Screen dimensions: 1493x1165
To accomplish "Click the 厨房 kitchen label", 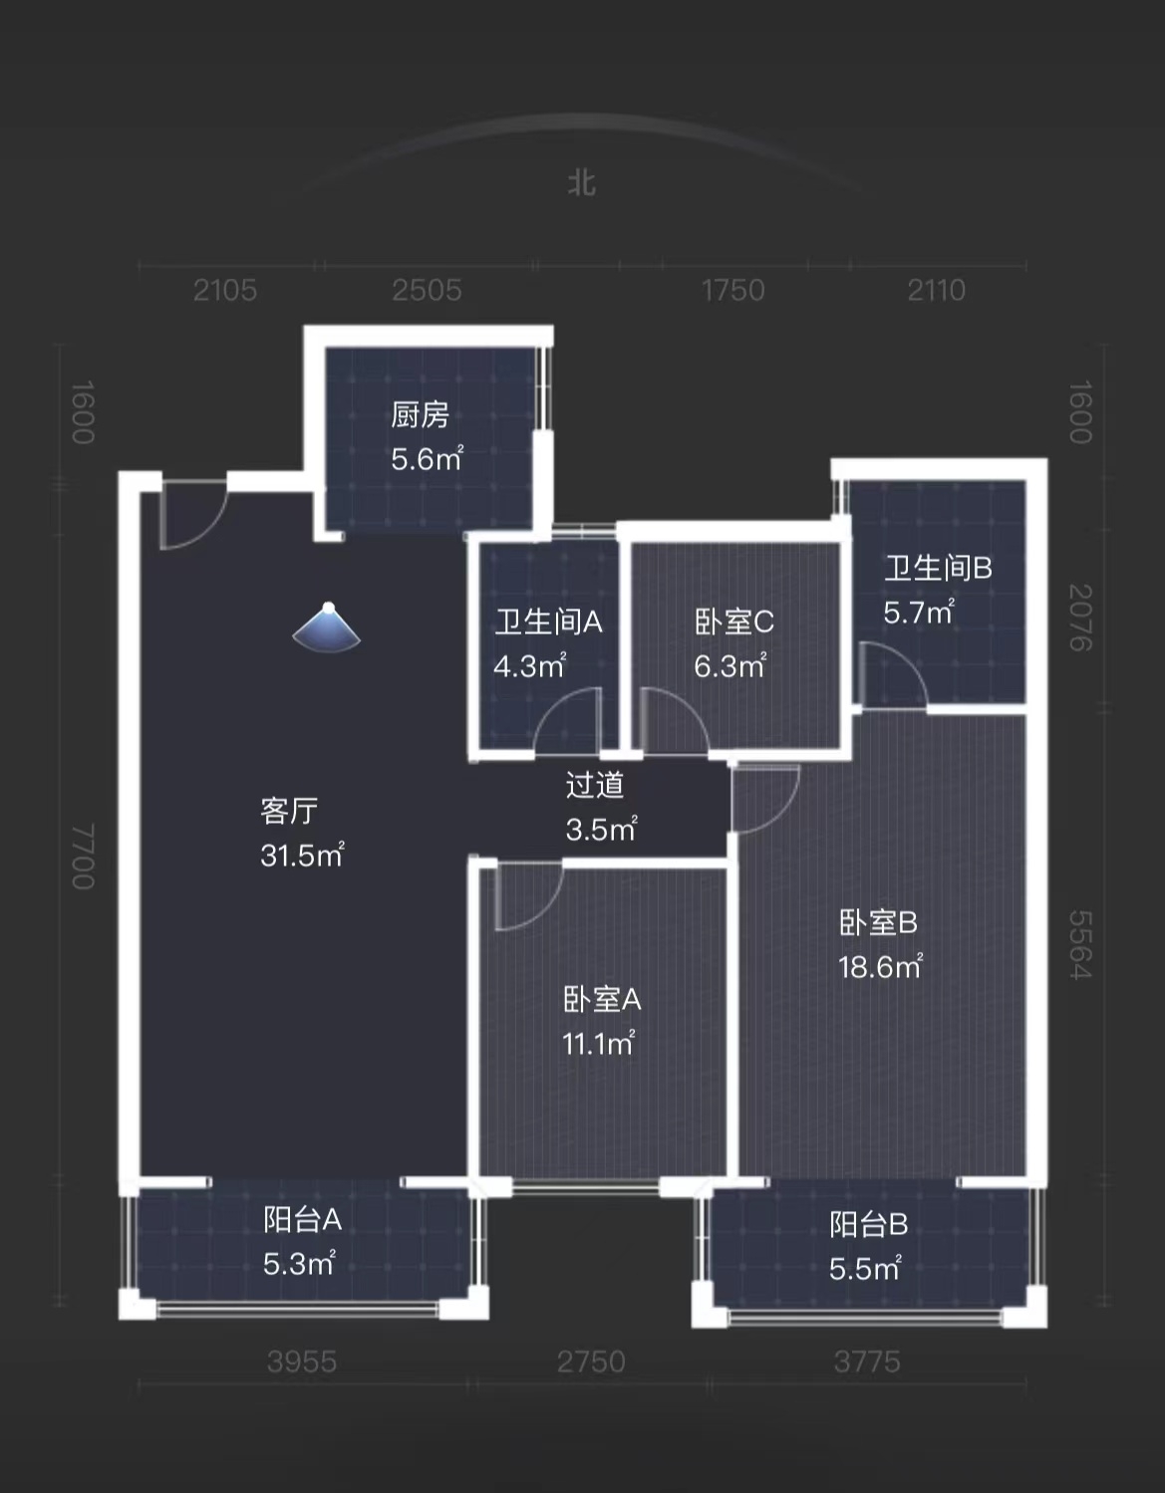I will click(x=420, y=414).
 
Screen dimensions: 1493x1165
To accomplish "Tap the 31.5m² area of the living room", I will click(x=302, y=856).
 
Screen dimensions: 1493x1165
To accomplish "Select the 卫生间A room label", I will click(x=548, y=622).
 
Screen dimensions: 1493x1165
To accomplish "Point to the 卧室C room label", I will click(x=733, y=622).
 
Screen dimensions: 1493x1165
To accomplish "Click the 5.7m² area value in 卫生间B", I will click(x=918, y=612).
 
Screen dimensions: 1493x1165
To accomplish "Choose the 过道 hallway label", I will click(x=595, y=785).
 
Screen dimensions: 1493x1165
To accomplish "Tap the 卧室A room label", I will click(x=601, y=999).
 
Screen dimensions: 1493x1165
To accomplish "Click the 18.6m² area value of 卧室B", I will click(x=880, y=967).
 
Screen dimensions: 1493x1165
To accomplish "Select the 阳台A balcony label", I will click(x=302, y=1219).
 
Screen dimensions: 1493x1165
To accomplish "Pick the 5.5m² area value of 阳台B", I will click(x=865, y=1269).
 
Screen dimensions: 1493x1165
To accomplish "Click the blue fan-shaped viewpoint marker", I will click(x=327, y=628).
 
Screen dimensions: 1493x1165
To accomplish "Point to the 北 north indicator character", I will click(x=581, y=183).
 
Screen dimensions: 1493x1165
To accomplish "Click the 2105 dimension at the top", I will click(x=225, y=290).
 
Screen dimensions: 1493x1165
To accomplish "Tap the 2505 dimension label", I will click(x=427, y=290).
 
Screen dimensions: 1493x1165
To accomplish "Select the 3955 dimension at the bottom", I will click(x=301, y=1362).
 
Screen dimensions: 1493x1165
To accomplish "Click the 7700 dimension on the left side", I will click(x=83, y=857).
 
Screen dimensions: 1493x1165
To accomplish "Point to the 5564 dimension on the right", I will click(x=1080, y=945).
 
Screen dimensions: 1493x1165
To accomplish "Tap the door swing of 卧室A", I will click(x=524, y=897).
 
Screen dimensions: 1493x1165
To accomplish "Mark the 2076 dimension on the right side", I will click(x=1080, y=618).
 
